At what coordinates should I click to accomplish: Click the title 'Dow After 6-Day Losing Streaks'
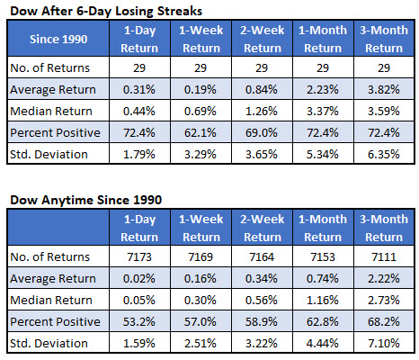[106, 11]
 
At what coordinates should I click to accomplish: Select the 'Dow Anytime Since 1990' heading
[86, 200]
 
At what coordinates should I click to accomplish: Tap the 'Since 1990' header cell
[58, 39]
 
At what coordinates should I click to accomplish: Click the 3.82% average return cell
[384, 89]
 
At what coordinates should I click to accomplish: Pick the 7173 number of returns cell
[139, 256]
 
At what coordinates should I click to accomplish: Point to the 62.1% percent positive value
[201, 132]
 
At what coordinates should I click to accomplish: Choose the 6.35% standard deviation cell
[384, 154]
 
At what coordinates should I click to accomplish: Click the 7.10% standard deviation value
[384, 343]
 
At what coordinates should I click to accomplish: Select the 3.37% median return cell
[323, 111]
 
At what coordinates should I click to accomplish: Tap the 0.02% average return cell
[139, 278]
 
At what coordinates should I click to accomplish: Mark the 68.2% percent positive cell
[384, 321]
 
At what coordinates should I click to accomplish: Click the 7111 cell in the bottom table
[384, 256]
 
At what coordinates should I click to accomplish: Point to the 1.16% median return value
[323, 300]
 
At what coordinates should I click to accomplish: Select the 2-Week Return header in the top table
[263, 39]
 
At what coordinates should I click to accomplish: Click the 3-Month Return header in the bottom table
[384, 228]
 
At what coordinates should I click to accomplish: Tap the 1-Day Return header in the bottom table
[139, 228]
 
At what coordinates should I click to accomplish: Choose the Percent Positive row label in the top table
[55, 132]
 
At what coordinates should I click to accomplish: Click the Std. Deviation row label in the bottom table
[49, 343]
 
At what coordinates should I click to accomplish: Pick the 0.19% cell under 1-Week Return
[201, 89]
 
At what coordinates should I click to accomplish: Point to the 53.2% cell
[139, 321]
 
